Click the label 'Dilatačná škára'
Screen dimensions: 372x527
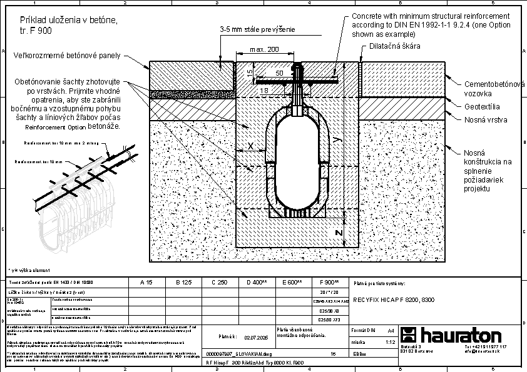coord(395,46)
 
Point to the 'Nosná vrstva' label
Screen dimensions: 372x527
coord(486,119)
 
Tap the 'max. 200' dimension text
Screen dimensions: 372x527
coord(265,49)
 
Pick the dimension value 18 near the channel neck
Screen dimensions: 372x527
coord(265,91)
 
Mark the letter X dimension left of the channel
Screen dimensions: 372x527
coord(251,146)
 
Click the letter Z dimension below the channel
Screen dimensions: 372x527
coord(339,233)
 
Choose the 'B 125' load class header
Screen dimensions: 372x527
coord(183,283)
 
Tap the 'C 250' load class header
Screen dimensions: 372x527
coord(219,283)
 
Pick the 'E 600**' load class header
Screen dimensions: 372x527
coord(292,283)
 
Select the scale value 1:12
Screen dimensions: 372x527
coord(390,342)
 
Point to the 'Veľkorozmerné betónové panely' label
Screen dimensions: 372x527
coord(67,56)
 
